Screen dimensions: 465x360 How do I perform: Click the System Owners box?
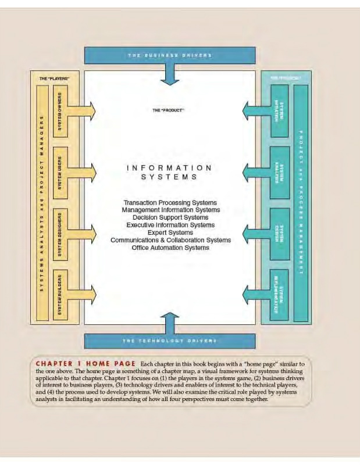[x=60, y=110]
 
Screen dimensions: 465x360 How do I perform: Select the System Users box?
[x=60, y=172]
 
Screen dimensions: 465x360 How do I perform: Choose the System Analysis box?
[x=280, y=172]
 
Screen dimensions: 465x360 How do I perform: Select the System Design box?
[x=280, y=233]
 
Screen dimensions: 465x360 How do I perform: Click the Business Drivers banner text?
[x=170, y=55]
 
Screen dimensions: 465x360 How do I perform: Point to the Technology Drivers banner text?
[x=170, y=341]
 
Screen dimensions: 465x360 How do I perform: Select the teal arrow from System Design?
[x=255, y=233]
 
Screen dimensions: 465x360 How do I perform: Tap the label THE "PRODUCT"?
[x=170, y=109]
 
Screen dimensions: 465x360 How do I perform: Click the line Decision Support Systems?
[x=170, y=217]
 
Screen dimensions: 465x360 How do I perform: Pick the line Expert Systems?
[x=170, y=232]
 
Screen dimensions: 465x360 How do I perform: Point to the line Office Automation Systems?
[x=170, y=247]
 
